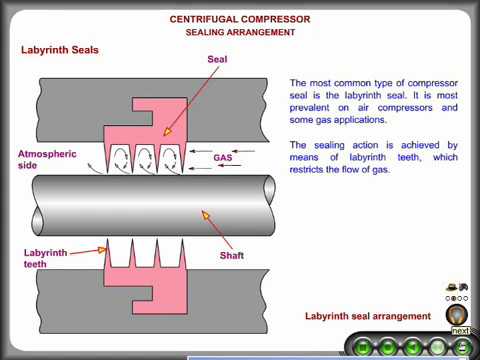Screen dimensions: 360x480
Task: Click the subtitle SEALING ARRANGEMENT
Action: [x=240, y=32]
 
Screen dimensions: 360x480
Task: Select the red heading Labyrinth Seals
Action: [x=60, y=50]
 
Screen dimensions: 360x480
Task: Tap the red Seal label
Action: [x=217, y=60]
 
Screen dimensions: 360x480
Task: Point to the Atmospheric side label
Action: [x=47, y=160]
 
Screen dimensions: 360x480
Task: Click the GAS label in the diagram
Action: [x=222, y=158]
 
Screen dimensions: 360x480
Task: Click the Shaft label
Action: [x=231, y=255]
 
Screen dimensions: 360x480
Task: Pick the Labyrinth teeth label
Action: [x=46, y=258]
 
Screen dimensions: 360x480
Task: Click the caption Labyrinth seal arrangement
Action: [x=367, y=316]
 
